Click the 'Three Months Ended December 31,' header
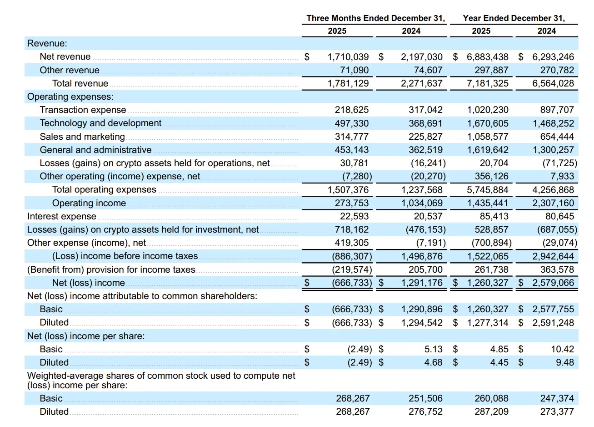(x=375, y=18)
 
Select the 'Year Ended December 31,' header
(x=514, y=18)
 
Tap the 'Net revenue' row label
(x=65, y=57)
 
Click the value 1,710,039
(x=348, y=57)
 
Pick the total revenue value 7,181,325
(x=488, y=83)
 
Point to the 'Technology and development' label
(x=100, y=123)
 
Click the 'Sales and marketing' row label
(x=82, y=137)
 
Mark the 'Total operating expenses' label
(x=104, y=190)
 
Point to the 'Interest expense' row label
(x=62, y=216)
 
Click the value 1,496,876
(x=422, y=256)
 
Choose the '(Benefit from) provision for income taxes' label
(x=111, y=269)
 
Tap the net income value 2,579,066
(x=553, y=283)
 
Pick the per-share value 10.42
(x=563, y=349)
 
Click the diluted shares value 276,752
(x=425, y=412)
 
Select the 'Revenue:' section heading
(x=47, y=44)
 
